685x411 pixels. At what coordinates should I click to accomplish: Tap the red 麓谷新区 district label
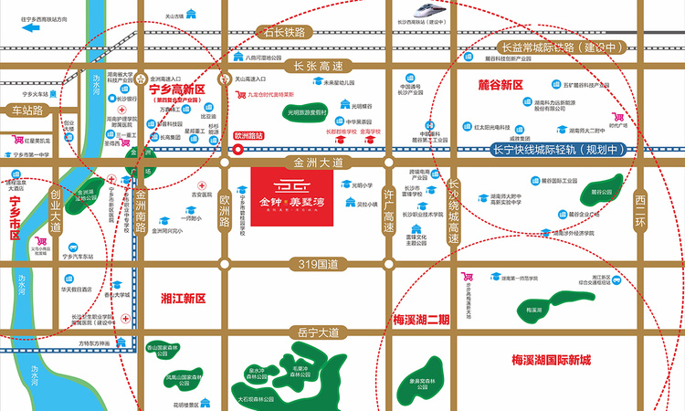(x=500, y=85)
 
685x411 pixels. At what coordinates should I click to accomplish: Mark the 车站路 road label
(x=27, y=111)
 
